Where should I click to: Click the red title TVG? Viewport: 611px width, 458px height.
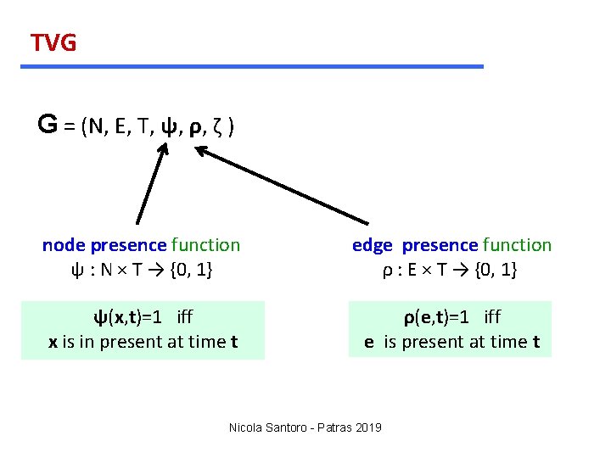coord(53,42)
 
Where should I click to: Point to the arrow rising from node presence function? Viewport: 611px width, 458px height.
coord(152,183)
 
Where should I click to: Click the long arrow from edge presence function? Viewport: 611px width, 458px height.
coord(280,186)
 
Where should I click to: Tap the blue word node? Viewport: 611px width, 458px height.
coord(64,245)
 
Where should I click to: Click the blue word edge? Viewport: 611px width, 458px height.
coord(372,245)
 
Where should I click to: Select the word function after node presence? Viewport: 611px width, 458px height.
coord(205,245)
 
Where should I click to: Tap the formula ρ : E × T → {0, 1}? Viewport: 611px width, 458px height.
coord(451,270)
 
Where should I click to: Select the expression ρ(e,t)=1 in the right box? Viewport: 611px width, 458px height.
coord(441,317)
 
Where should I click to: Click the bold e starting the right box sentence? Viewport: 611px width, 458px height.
coord(369,342)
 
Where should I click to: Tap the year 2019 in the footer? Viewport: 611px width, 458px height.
coord(367,427)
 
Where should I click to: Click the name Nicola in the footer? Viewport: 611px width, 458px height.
coord(247,427)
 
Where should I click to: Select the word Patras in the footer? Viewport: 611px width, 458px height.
coord(331,427)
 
